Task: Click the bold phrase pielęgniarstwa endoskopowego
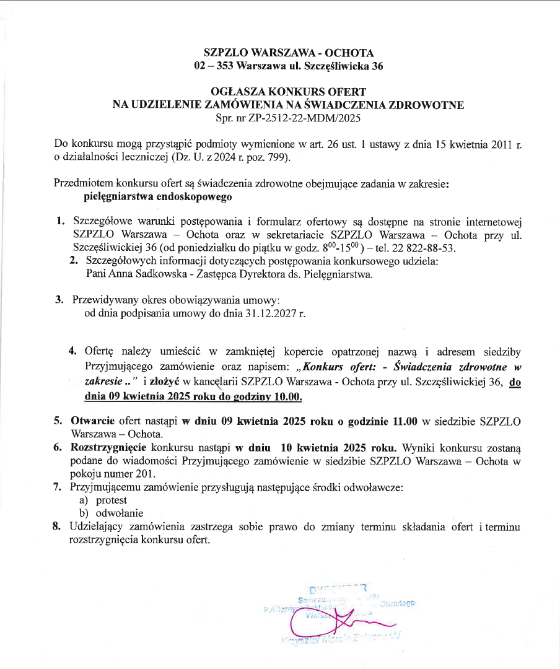157,198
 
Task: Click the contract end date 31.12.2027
265,313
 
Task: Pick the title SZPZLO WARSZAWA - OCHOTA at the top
289,53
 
